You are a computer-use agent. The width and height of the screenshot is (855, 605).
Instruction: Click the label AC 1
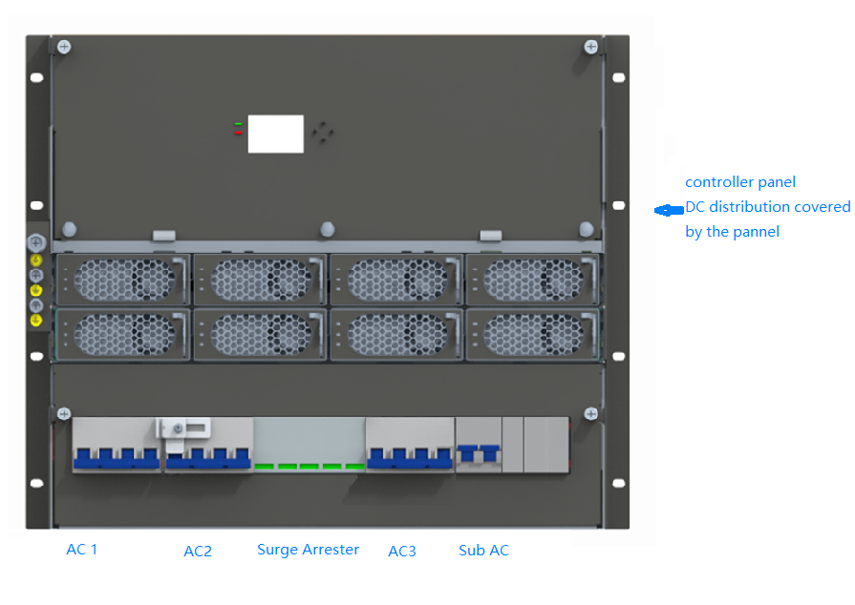[81, 549]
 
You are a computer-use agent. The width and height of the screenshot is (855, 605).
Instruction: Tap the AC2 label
[198, 551]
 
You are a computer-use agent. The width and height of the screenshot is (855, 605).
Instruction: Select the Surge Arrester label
[308, 550]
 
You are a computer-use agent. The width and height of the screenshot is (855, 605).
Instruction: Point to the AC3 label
[401, 551]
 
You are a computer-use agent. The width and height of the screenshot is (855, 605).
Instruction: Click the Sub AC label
[483, 551]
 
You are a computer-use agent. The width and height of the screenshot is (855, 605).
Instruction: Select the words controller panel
[739, 182]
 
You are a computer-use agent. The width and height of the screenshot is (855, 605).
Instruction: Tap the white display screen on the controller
[276, 134]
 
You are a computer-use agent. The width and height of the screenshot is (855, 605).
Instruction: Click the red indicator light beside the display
[239, 133]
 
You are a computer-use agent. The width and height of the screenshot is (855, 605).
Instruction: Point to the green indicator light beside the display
[239, 124]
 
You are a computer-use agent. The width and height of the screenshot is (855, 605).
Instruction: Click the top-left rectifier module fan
[123, 280]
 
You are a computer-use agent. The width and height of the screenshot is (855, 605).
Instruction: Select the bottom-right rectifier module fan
[531, 334]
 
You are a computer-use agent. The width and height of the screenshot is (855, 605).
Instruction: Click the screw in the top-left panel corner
[63, 46]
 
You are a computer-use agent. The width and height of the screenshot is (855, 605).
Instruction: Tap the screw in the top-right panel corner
[591, 46]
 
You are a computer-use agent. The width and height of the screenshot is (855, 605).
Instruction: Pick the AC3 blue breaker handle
[409, 459]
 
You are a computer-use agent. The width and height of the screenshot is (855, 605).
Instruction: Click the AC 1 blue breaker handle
[115, 459]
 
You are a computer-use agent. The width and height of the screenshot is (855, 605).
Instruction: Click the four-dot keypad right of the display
[324, 133]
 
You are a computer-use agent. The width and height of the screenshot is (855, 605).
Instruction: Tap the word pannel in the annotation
[754, 232]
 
